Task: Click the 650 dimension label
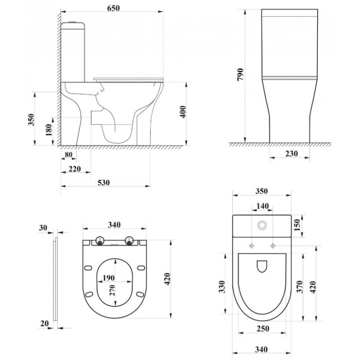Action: pyautogui.click(x=113, y=8)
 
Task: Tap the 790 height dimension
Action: pyautogui.click(x=240, y=74)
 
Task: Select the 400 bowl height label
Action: pyautogui.click(x=183, y=112)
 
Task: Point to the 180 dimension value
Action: pyautogui.click(x=49, y=130)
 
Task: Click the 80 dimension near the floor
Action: pyautogui.click(x=68, y=155)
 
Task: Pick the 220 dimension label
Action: pyautogui.click(x=75, y=169)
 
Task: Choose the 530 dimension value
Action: pyautogui.click(x=103, y=183)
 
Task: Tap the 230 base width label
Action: pyautogui.click(x=291, y=153)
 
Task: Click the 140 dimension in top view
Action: pyautogui.click(x=262, y=206)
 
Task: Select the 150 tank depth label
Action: pyautogui.click(x=297, y=225)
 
